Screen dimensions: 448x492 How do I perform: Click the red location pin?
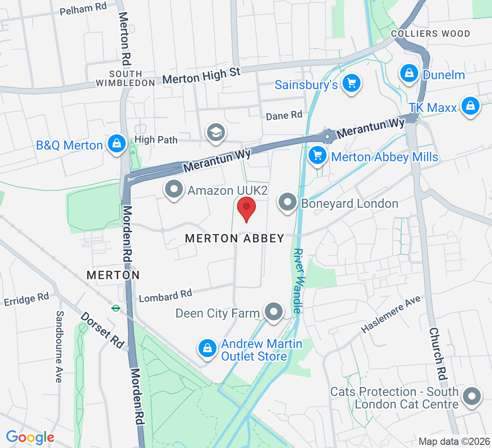pos(246,209)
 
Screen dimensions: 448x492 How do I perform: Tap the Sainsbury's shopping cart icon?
pos(351,83)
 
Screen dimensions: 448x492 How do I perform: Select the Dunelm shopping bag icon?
pos(409,73)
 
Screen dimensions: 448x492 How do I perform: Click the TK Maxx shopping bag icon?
pos(470,106)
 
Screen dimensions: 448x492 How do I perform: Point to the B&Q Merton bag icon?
pos(116,144)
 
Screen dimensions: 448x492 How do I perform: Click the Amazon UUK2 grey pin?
pos(174,189)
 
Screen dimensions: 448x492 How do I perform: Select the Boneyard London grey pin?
pos(288,202)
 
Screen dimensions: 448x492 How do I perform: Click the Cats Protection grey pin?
pos(471,396)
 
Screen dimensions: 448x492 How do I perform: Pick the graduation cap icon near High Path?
pos(216,132)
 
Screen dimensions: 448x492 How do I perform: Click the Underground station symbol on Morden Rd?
pos(115,308)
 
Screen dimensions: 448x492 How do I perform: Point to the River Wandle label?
pos(298,281)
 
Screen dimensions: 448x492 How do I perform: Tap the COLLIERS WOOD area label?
pos(430,34)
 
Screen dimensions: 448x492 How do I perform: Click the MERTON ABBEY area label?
pos(235,238)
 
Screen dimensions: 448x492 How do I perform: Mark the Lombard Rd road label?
pos(165,296)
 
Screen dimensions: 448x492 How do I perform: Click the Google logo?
pos(30,437)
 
